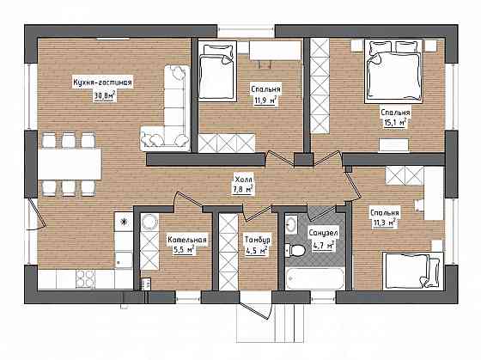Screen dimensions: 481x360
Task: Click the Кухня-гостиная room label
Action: (x=102, y=82)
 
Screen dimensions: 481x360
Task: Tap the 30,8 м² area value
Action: (x=104, y=95)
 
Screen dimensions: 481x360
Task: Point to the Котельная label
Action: (x=187, y=240)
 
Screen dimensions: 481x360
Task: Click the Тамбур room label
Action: (x=258, y=240)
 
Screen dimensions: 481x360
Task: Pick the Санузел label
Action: (x=323, y=233)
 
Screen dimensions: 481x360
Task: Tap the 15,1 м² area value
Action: (x=395, y=123)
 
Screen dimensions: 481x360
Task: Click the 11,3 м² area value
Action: (x=384, y=223)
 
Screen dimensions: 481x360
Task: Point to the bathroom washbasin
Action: (x=291, y=224)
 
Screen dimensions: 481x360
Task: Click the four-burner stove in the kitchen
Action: (x=85, y=278)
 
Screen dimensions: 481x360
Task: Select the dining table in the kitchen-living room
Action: (x=70, y=164)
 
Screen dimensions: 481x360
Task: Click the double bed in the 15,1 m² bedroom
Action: (x=394, y=70)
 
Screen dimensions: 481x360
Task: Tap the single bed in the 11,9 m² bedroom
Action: (x=217, y=71)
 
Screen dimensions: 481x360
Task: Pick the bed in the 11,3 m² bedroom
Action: (x=413, y=271)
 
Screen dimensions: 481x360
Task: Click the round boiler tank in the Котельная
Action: (x=149, y=222)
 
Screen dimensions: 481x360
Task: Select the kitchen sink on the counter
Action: (x=124, y=259)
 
